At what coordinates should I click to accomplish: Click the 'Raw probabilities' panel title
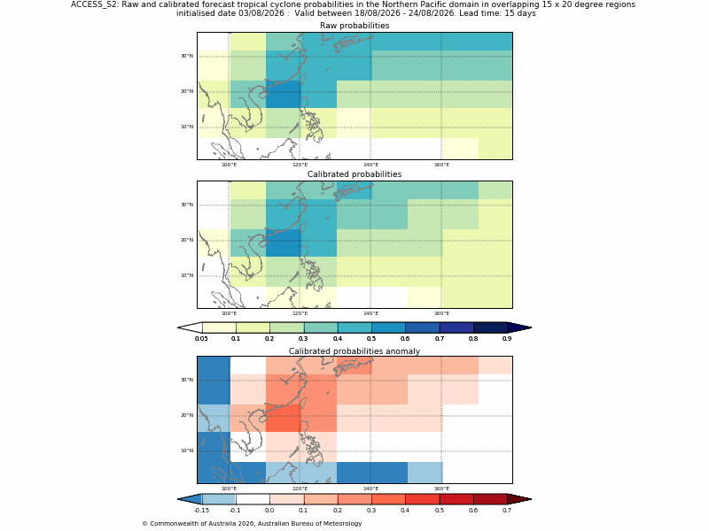pos(354,26)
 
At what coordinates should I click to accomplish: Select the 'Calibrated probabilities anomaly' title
pos(354,351)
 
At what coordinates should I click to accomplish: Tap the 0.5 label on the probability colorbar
pos(371,339)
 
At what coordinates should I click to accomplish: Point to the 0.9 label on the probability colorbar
pos(507,339)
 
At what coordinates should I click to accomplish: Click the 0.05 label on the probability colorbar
pos(202,339)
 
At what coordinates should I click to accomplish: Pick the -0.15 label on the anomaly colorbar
pos(202,511)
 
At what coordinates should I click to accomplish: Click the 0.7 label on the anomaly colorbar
pos(507,511)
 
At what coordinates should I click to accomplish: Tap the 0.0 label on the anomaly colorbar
pos(269,511)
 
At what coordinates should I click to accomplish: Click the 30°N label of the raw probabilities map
pos(187,56)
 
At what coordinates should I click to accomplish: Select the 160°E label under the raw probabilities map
pos(441,165)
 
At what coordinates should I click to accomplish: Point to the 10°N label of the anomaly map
pos(187,450)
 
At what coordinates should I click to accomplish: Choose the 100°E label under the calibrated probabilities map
pos(230,313)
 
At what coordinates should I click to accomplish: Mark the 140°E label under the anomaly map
pos(370,489)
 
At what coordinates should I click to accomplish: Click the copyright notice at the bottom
pos(252,524)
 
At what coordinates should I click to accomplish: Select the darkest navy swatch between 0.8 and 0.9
pos(490,327)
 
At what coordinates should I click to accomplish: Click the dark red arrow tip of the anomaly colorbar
pos(531,499)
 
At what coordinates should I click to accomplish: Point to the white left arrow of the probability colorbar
pos(190,327)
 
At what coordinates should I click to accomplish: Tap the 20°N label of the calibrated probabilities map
pos(187,240)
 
